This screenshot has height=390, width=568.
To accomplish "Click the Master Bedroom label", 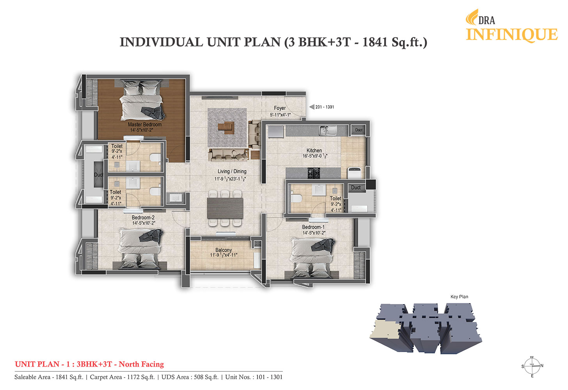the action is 144,124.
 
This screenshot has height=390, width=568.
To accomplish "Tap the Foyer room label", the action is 280,108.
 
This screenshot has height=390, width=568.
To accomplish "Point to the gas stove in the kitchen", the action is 314,173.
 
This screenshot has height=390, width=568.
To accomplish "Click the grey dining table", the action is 225,208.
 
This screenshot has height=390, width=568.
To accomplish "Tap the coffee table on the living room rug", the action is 226,127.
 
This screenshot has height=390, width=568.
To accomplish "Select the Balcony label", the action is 224,250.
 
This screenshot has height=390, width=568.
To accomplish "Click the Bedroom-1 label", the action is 313,227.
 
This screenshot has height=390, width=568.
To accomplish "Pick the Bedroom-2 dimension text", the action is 144,223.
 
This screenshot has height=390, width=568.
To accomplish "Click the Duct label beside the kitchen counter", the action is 359,130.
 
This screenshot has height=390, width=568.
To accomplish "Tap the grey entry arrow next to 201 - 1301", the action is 312,107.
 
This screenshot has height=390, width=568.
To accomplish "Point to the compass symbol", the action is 532,366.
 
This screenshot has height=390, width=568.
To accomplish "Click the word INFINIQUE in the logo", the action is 512,35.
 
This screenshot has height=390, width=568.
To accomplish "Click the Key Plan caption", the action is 459,297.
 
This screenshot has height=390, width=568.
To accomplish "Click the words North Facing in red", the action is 141,364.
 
